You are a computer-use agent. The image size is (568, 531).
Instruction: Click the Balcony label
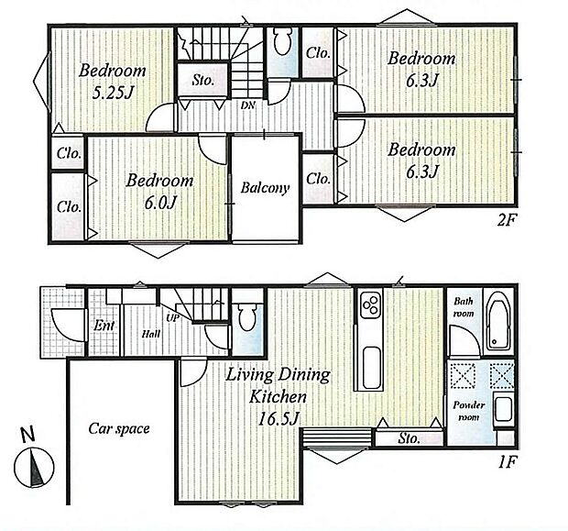tap(265, 188)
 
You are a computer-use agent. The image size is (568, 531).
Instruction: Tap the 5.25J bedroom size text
tap(113, 94)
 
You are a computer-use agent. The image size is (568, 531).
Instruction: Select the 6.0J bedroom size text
tap(160, 203)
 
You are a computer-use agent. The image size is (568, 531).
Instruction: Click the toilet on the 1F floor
tap(247, 317)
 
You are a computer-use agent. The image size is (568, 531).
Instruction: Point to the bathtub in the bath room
tap(497, 321)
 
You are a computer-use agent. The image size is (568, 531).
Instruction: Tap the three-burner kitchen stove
tap(371, 304)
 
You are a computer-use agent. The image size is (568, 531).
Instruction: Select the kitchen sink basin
tap(371, 367)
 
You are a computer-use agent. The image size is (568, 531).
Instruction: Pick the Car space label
tap(119, 428)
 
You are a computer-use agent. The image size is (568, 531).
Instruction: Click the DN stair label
tap(248, 105)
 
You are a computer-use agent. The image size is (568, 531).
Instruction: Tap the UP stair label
tap(172, 318)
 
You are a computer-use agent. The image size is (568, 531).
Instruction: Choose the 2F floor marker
tap(506, 220)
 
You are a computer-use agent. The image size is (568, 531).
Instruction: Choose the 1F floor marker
tap(507, 462)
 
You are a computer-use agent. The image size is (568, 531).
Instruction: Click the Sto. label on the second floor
tap(202, 80)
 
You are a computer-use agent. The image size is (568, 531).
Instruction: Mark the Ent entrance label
tap(104, 326)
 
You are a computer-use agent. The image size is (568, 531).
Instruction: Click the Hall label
tap(150, 334)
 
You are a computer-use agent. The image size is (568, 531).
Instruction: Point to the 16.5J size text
tap(278, 418)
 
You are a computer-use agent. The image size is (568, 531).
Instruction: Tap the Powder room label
tap(469, 411)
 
